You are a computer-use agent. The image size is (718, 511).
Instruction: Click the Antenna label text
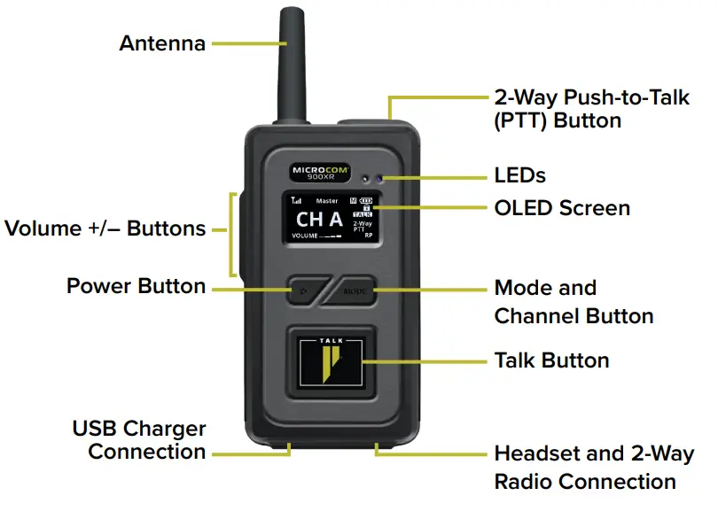[x=162, y=43]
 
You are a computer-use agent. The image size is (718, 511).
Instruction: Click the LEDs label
[x=519, y=174]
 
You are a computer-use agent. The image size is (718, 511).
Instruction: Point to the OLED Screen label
[x=561, y=208]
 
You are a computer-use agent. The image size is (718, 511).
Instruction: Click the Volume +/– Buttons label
[x=105, y=228]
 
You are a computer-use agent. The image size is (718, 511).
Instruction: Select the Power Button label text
[x=137, y=286]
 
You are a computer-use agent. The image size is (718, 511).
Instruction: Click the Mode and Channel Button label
[x=574, y=302]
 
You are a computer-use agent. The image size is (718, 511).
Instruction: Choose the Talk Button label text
[x=551, y=360]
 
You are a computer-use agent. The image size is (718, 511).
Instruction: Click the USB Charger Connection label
[x=139, y=440]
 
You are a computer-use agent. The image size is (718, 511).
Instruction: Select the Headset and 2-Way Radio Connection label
[x=594, y=468]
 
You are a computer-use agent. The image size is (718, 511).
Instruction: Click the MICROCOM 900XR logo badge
[x=321, y=171]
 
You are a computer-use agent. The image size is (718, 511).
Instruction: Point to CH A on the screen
[x=319, y=220]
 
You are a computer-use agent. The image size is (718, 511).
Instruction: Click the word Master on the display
[x=327, y=201]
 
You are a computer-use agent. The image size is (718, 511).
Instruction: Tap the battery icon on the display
[x=366, y=200]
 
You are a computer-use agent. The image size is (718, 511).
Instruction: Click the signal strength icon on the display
[x=295, y=201]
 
